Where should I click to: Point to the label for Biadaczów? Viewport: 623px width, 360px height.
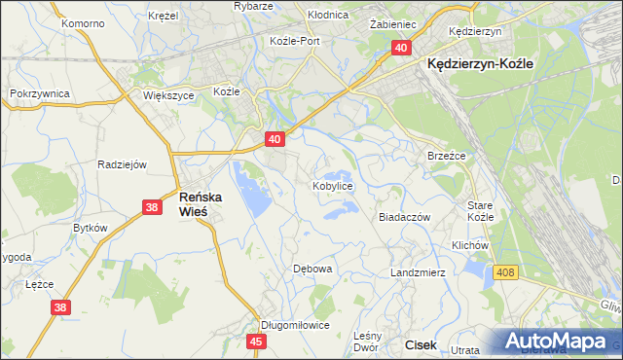coord(404,218)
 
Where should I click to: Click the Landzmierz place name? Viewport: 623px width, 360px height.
coord(418,272)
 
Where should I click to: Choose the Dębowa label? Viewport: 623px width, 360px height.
coord(313,268)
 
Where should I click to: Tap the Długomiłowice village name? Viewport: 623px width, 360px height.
coord(296,325)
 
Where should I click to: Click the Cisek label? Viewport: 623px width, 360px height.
coord(421,344)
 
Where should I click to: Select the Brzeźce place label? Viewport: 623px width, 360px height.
coord(448,156)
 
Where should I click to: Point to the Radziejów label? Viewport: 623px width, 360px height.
coord(122,164)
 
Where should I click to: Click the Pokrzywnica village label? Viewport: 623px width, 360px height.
coord(38,92)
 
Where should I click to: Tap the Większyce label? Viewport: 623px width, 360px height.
coord(169,96)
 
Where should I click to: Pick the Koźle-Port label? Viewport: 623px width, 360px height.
coord(295,41)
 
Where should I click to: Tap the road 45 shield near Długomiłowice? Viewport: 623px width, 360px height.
coord(257,342)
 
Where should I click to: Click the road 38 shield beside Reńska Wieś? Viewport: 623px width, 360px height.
coord(151,207)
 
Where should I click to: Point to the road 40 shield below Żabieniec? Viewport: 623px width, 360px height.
coord(401,48)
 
